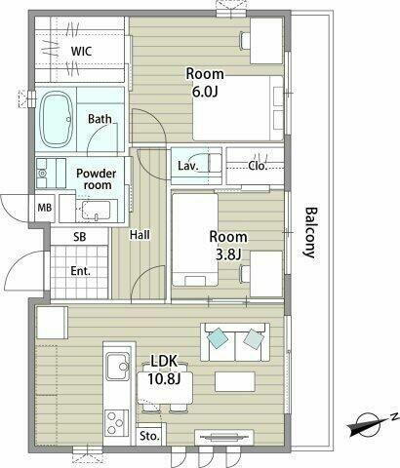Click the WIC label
click(81, 52)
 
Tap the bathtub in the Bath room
click(56, 119)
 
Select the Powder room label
click(96, 179)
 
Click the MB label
click(45, 208)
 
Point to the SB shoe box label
click(80, 237)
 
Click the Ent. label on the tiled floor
click(81, 271)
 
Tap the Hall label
click(140, 235)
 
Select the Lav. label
click(188, 166)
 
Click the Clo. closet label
click(258, 166)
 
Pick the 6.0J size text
click(205, 92)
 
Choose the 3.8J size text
click(228, 254)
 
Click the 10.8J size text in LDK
click(164, 379)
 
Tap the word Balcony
click(310, 232)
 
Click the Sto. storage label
click(150, 436)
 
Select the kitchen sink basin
click(117, 367)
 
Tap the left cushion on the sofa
click(217, 337)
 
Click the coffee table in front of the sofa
click(235, 382)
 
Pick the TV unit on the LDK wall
click(224, 437)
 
